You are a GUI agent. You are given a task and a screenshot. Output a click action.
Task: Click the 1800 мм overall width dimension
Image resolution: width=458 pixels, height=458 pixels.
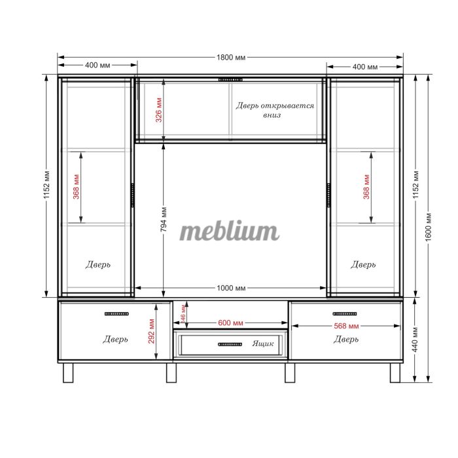point(231,58)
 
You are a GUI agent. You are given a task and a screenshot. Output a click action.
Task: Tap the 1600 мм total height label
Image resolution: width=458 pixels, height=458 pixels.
point(428,227)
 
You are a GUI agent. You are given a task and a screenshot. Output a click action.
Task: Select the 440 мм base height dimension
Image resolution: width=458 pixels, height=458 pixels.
point(415,340)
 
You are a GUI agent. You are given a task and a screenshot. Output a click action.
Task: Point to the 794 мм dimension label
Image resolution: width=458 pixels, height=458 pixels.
point(164,219)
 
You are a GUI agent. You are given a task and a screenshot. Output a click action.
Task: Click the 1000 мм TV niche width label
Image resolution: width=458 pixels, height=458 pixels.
point(231,288)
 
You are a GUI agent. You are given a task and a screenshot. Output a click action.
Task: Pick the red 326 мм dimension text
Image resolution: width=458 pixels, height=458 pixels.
point(158,110)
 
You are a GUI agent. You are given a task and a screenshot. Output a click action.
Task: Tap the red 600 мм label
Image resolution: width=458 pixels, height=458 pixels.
point(230,323)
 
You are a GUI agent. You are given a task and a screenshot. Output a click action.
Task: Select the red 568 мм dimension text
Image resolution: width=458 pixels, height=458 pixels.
point(346,326)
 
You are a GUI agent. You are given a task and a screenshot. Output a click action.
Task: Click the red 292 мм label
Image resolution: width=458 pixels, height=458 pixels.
point(151,331)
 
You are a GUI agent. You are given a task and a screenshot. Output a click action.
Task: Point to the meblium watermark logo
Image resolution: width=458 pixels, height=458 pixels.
point(229,231)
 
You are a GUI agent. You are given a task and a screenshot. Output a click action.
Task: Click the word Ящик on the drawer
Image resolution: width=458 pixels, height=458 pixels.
point(263,343)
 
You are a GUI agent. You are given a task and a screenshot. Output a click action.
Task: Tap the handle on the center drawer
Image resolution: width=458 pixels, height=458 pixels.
point(230,344)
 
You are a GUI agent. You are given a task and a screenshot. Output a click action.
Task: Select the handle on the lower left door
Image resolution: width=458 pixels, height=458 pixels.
point(116,313)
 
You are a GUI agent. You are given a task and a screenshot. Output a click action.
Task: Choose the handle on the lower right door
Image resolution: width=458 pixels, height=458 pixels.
point(345,313)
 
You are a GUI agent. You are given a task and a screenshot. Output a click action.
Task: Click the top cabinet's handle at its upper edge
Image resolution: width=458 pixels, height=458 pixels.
point(230,79)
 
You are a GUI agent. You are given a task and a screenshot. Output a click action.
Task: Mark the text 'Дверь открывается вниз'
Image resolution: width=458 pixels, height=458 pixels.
point(275,110)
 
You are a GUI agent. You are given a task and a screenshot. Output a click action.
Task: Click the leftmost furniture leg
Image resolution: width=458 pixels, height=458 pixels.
point(68,373)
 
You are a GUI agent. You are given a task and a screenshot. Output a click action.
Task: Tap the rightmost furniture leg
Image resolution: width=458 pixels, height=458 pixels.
point(395,373)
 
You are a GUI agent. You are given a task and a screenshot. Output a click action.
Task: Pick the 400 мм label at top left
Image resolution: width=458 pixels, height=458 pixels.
point(97,65)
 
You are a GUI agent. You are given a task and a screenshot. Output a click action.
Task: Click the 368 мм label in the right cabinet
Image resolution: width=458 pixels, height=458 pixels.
point(366,187)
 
